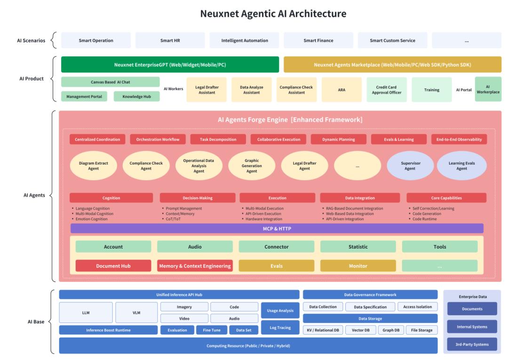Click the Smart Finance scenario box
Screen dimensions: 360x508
(x=318, y=40)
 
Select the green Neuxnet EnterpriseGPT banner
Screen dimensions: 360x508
(x=170, y=64)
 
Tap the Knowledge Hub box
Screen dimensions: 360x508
(x=133, y=96)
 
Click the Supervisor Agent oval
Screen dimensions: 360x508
(x=410, y=165)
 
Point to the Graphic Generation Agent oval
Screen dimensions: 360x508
(x=252, y=165)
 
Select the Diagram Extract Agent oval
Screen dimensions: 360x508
(x=93, y=165)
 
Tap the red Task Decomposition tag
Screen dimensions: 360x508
(x=218, y=140)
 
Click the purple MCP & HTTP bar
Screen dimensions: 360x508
(x=277, y=228)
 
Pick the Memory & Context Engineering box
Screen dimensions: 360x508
(x=195, y=266)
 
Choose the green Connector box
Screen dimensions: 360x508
(x=277, y=247)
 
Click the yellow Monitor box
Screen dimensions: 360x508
(x=358, y=266)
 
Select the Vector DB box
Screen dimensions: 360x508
(x=361, y=330)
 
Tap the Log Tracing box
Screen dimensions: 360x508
(x=280, y=328)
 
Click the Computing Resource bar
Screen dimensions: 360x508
(x=248, y=346)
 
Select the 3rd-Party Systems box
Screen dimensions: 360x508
(x=472, y=344)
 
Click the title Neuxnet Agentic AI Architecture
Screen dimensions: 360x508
(x=273, y=14)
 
